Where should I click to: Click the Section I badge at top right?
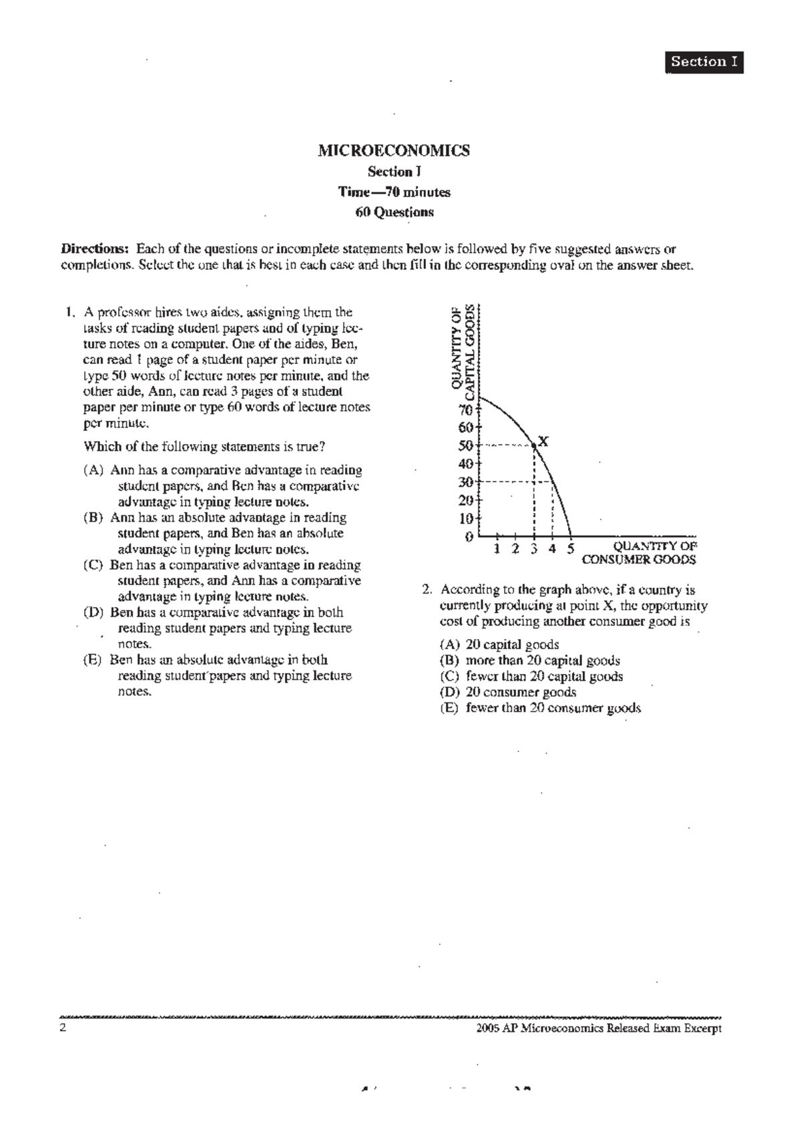pyautogui.click(x=704, y=62)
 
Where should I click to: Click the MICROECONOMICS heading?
pyautogui.click(x=394, y=150)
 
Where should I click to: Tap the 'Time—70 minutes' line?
pyautogui.click(x=394, y=192)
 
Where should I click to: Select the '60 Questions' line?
pyautogui.click(x=394, y=212)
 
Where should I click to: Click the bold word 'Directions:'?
pyautogui.click(x=94, y=249)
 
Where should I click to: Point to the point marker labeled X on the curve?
pyautogui.click(x=535, y=445)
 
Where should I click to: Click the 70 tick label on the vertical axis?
pyautogui.click(x=465, y=410)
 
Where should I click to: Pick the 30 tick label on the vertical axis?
pyautogui.click(x=465, y=482)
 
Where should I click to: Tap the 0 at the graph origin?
pyautogui.click(x=469, y=536)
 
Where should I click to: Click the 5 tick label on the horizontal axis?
pyautogui.click(x=571, y=549)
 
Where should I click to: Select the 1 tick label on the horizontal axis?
pyautogui.click(x=497, y=549)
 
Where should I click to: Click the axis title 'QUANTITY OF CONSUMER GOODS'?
pyautogui.click(x=639, y=553)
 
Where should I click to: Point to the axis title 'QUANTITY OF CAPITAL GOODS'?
pyautogui.click(x=463, y=347)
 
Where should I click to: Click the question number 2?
pyautogui.click(x=427, y=590)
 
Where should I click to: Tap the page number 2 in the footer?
pyautogui.click(x=63, y=1028)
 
